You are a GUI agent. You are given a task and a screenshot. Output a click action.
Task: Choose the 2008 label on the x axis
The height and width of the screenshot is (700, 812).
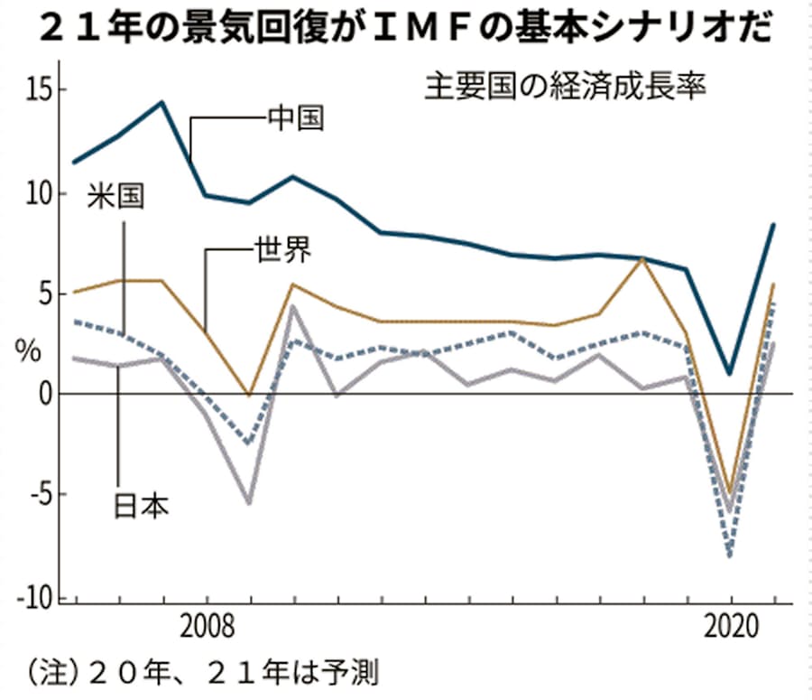208,626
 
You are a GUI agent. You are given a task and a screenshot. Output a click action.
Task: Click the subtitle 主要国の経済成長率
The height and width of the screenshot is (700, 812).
564,89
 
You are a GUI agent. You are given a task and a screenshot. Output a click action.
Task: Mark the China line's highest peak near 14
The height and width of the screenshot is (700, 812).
161,102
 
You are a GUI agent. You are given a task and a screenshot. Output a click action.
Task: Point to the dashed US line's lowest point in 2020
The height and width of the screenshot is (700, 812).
730,555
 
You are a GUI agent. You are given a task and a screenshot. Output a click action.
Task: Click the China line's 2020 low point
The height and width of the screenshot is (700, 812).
730,373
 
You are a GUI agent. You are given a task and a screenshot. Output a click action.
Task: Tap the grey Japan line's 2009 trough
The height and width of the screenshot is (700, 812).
249,502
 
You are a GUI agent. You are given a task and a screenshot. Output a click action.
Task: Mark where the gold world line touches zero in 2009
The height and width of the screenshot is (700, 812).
249,395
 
